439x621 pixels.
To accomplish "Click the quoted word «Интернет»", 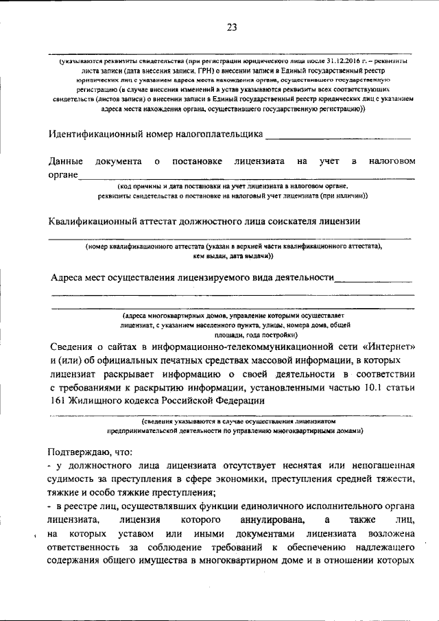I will tap(383, 346).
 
